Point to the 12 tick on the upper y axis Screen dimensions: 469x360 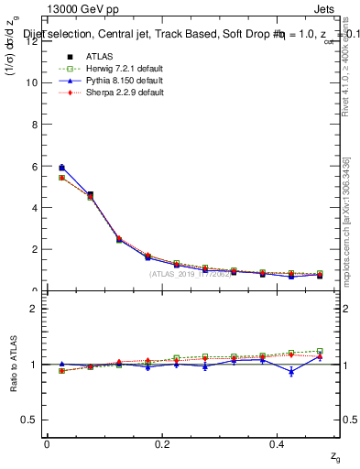[33, 40]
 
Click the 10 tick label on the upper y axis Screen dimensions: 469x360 [33, 82]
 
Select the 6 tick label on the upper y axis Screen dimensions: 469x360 [35, 166]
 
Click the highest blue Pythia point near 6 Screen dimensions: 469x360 [61, 168]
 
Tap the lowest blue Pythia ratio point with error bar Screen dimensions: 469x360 [291, 371]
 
